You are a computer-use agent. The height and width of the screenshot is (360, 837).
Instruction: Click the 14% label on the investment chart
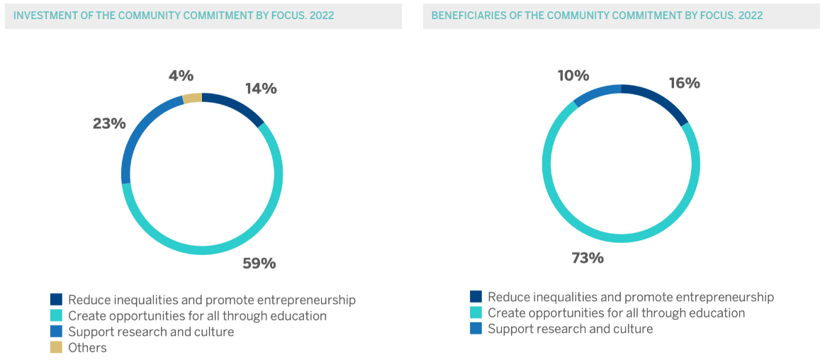point(261,89)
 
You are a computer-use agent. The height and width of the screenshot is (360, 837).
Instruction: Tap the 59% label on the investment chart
point(259,264)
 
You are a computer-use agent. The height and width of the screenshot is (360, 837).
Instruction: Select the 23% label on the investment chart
point(109,123)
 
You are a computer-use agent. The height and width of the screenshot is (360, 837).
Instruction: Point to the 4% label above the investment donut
point(181,76)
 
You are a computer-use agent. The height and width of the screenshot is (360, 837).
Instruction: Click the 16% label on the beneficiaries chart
point(684,83)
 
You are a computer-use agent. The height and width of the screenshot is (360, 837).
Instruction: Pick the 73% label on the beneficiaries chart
point(588,258)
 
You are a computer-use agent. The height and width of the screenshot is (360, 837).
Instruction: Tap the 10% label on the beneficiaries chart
point(573,75)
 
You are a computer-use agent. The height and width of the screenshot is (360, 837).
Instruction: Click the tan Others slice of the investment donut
point(193,98)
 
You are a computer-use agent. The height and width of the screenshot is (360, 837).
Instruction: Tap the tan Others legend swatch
point(56,347)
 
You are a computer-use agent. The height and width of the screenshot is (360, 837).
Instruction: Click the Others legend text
point(87,347)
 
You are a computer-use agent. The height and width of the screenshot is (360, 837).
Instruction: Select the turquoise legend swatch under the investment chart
point(56,315)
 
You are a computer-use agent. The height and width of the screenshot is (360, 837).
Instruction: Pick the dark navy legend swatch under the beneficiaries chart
point(476,297)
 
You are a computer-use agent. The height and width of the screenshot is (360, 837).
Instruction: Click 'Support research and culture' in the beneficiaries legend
point(570,329)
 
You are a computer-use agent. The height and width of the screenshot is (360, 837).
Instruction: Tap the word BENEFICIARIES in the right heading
point(468,15)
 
